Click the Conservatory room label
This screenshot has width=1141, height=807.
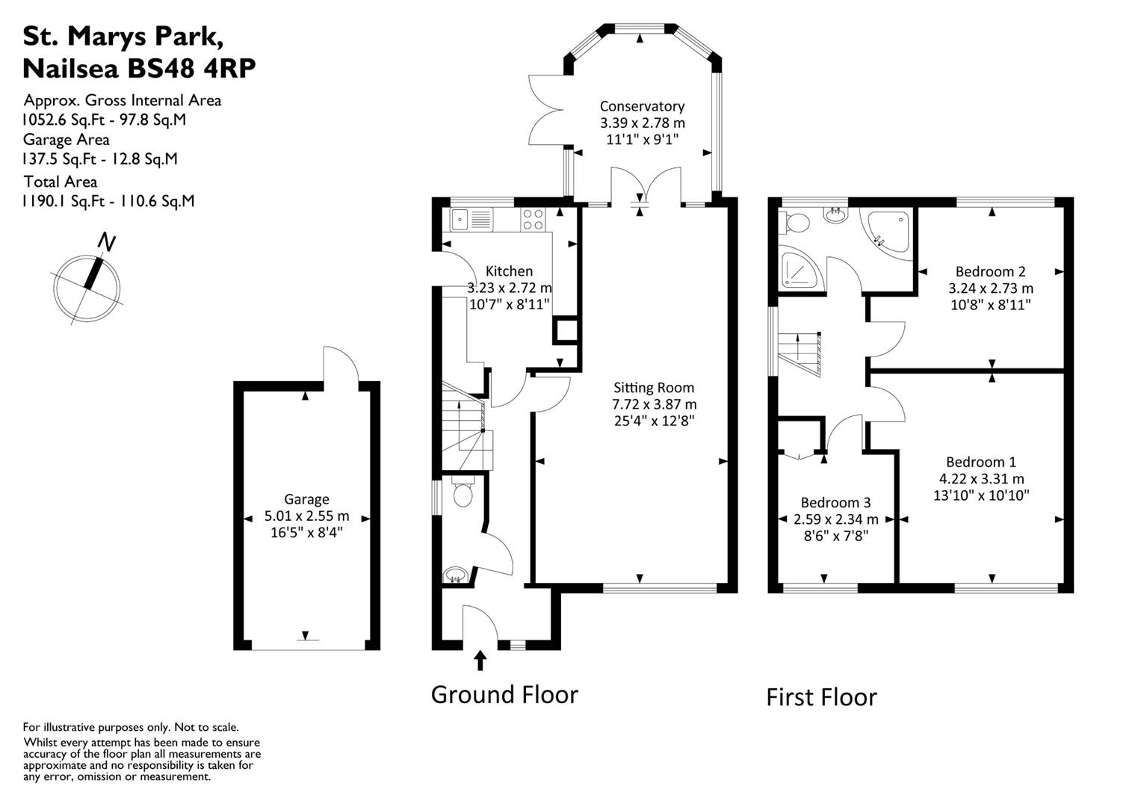[642, 106]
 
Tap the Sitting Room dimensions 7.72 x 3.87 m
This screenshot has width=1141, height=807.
[654, 404]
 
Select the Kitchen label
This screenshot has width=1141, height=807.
[509, 270]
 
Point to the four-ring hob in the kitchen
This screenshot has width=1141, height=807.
[533, 219]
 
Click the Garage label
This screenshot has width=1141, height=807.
[306, 499]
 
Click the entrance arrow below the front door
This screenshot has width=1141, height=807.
[480, 661]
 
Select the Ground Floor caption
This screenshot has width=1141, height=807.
[504, 694]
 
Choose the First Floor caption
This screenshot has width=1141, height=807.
[821, 697]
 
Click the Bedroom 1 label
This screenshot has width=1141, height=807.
[980, 462]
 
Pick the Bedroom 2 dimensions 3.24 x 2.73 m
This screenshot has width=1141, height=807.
[991, 288]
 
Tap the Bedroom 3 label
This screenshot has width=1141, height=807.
[835, 502]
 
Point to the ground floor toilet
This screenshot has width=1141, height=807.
[463, 494]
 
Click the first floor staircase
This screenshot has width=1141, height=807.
[801, 355]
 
